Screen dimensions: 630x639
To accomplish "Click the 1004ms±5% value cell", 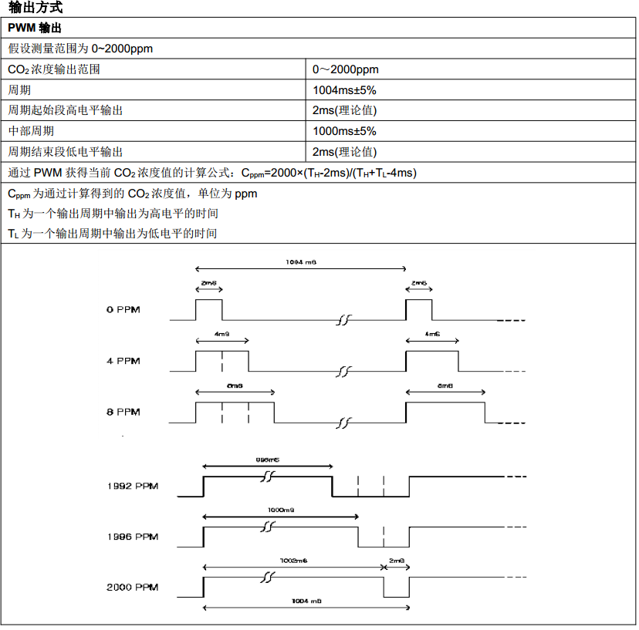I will pos(344,90).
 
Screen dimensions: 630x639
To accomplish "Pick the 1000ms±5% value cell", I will pos(344,131).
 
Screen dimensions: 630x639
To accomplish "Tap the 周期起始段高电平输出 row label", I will pos(65,110).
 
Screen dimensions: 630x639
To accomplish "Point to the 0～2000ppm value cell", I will pos(346,69).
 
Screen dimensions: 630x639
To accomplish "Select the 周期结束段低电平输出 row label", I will pos(65,152).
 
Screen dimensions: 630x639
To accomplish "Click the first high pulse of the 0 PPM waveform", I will pos(208,310).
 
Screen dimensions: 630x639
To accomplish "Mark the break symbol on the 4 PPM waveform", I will pos(343,372).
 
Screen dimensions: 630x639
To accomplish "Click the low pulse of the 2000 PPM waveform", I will pos(396,587).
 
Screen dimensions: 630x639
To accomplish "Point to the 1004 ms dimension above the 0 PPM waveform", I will pos(301,262).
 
